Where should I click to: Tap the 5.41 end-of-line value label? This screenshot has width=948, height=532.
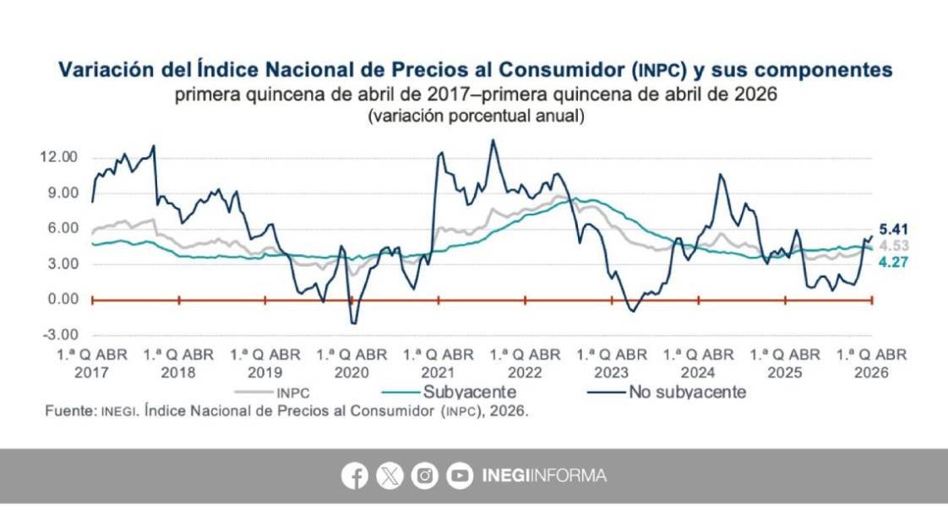point(894,229)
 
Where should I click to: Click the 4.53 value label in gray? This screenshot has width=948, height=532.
point(894,246)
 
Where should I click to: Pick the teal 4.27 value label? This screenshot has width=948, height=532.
point(894,263)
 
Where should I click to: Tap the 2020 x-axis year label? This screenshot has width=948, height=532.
point(352,372)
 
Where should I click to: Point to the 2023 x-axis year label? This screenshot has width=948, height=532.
point(612,372)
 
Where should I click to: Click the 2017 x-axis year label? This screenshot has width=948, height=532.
point(93,372)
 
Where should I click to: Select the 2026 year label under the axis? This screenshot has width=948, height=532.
point(872,372)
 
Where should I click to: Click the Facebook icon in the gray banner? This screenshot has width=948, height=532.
point(355,476)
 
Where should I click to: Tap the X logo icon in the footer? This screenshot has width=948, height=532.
point(390,476)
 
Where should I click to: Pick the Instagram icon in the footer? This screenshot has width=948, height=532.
point(425,476)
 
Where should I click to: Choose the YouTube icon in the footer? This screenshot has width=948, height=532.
point(460,476)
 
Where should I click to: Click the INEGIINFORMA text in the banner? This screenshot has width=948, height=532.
point(544,476)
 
